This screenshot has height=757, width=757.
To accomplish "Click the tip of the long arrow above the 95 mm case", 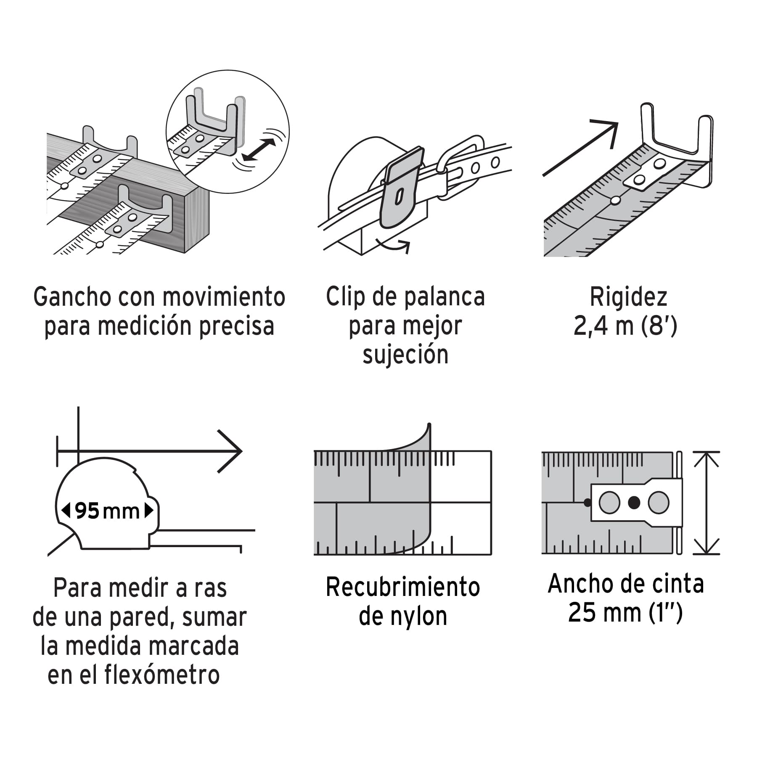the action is pyautogui.click(x=242, y=451).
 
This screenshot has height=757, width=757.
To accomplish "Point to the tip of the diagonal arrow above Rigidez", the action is pyautogui.click(x=618, y=123).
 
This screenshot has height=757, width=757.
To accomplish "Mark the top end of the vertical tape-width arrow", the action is pyautogui.click(x=707, y=453).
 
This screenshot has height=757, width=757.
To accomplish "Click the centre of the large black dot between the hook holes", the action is pyautogui.click(x=634, y=502).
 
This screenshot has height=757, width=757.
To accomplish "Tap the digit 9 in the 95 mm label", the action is pyautogui.click(x=81, y=511).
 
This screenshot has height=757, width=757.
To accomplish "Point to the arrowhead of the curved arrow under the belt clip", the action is pyautogui.click(x=407, y=244).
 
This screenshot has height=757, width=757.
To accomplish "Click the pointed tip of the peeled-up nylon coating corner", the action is pyautogui.click(x=429, y=423).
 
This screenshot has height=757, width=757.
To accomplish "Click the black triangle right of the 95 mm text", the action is pyautogui.click(x=149, y=511).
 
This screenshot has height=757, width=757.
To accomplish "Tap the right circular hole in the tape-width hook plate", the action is pyautogui.click(x=659, y=503).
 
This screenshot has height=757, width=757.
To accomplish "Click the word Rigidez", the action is pyautogui.click(x=628, y=297).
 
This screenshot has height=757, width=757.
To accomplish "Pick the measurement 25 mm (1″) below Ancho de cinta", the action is pyautogui.click(x=625, y=612).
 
